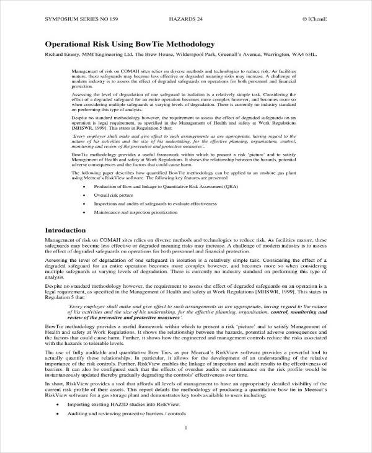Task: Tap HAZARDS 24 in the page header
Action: click(x=186, y=19)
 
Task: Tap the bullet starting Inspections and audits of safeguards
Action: click(x=154, y=203)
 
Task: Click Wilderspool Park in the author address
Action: click(x=188, y=55)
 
